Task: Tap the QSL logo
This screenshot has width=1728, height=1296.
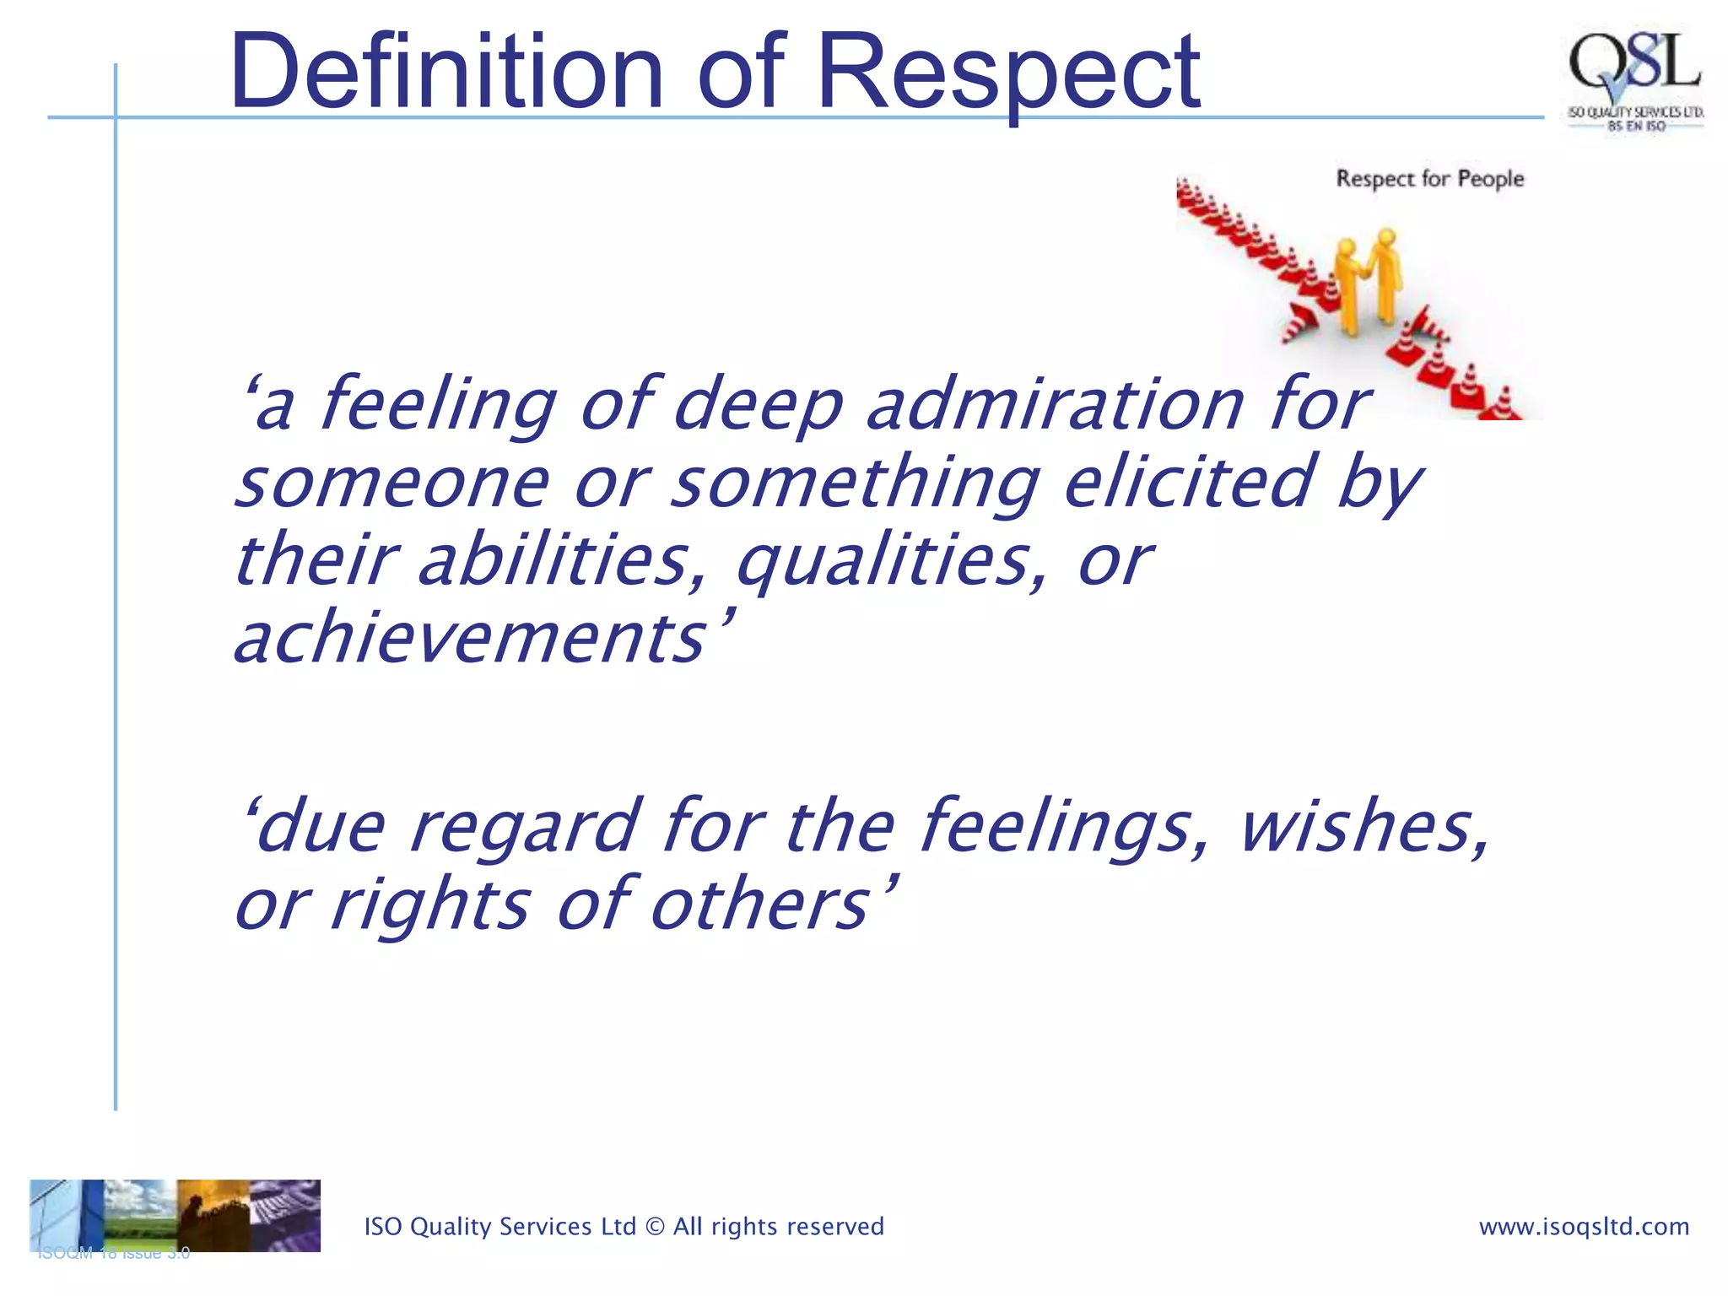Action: click(1634, 80)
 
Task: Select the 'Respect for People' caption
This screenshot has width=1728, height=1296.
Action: click(1430, 179)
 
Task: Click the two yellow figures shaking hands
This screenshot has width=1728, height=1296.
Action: click(1369, 283)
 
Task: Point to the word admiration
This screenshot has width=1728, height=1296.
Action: click(1056, 405)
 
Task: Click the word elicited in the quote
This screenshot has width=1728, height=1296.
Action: click(1189, 482)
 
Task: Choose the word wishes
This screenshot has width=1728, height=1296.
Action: click(1363, 827)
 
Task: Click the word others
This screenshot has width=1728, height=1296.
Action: click(760, 904)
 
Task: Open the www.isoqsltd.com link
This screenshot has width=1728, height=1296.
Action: click(1584, 1227)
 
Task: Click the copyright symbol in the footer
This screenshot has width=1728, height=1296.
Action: click(655, 1227)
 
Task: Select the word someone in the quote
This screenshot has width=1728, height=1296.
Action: click(392, 483)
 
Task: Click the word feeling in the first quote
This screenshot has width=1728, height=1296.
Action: click(438, 405)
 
